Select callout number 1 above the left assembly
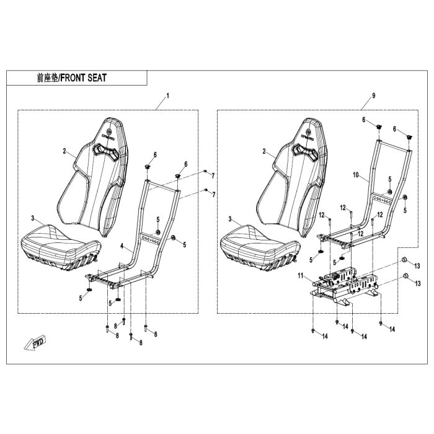click(x=167, y=97)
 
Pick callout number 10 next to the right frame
click(x=356, y=175)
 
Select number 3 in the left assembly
click(x=32, y=219)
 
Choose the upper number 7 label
click(x=213, y=176)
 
